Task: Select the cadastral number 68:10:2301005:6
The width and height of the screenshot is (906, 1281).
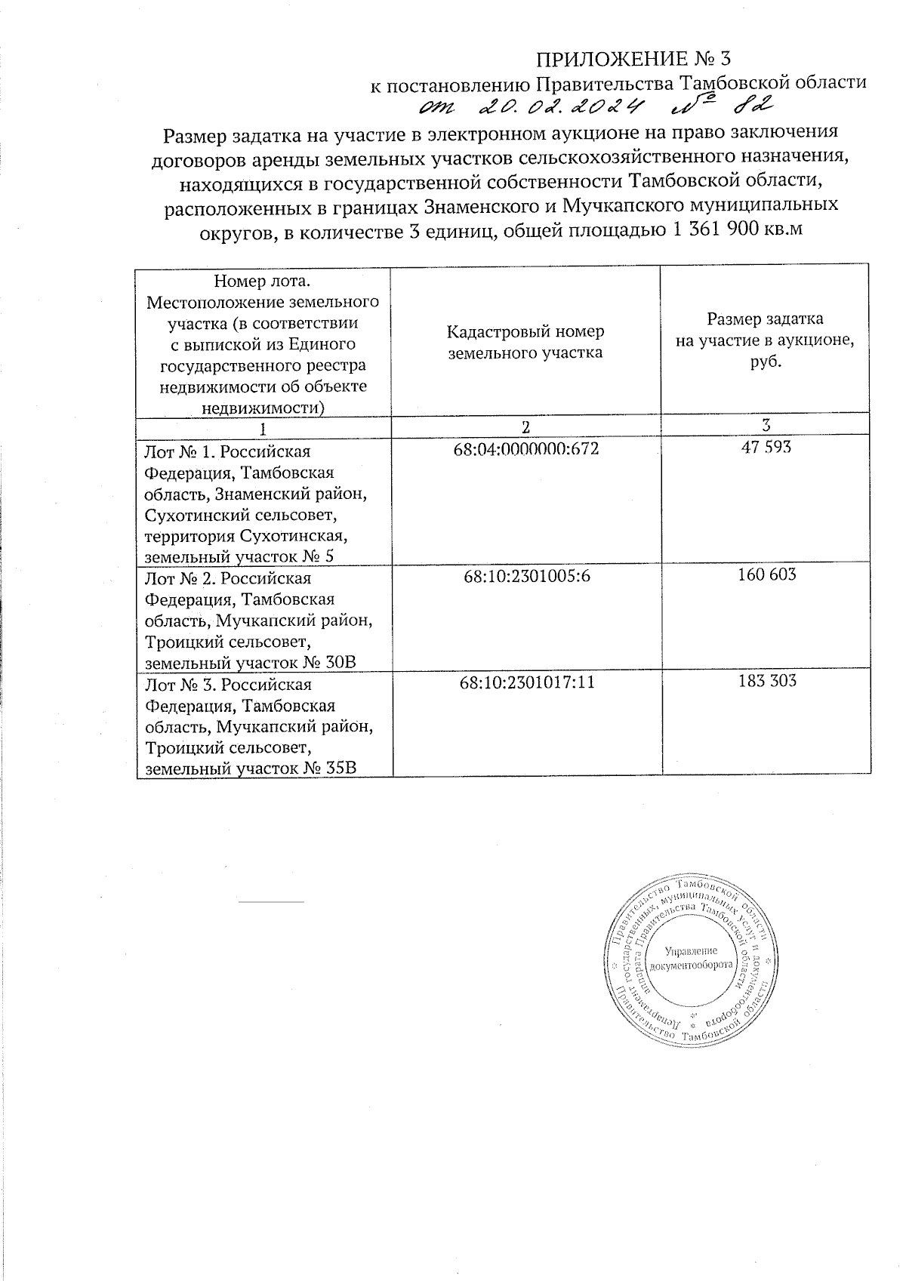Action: click(526, 576)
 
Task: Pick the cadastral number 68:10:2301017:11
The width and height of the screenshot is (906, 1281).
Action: click(526, 682)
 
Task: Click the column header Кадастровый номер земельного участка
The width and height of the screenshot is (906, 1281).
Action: click(525, 342)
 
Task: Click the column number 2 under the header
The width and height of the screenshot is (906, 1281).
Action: click(526, 426)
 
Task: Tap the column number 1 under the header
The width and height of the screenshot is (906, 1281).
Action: click(263, 428)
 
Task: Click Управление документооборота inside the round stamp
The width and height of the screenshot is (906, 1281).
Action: click(692, 957)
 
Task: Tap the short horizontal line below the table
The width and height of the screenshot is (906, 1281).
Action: click(270, 901)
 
